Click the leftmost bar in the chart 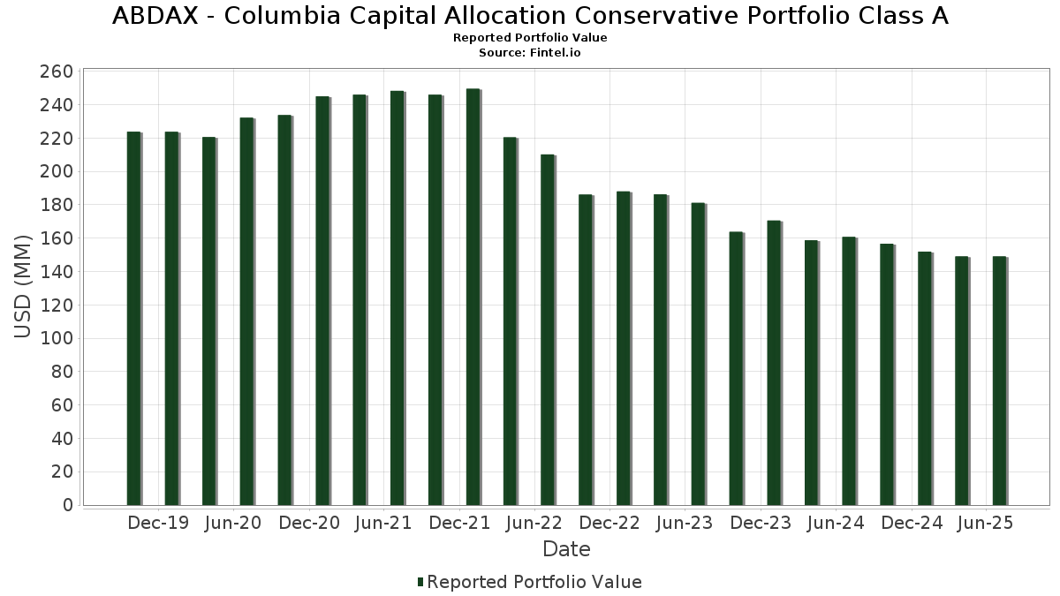(133, 318)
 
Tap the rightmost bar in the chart (999, 381)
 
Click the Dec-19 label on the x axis (158, 523)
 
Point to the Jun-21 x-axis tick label (382, 523)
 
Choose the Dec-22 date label (609, 523)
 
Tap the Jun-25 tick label (985, 523)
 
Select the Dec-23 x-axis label (761, 523)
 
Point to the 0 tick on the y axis (67, 505)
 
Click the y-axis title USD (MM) (24, 285)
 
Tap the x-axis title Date (566, 549)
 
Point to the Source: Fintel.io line (530, 53)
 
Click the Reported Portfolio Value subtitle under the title (530, 38)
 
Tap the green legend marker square (420, 582)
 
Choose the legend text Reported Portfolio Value (534, 582)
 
